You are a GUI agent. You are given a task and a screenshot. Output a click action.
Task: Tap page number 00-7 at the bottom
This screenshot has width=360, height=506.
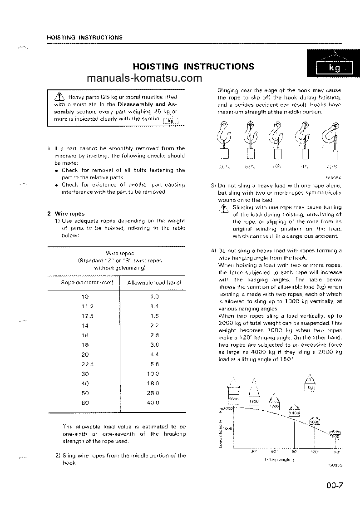(x=334, y=486)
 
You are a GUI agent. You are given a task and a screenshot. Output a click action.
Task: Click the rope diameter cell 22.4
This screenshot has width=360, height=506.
(x=84, y=364)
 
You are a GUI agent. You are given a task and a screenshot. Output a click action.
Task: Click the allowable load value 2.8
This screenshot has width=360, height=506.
(x=154, y=335)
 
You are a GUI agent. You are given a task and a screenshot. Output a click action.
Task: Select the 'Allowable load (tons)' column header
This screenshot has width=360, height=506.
(x=154, y=282)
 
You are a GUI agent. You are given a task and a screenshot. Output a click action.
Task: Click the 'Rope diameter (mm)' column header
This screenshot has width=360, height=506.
(x=84, y=282)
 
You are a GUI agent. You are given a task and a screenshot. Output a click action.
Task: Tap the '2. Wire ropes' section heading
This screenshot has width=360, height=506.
(x=66, y=213)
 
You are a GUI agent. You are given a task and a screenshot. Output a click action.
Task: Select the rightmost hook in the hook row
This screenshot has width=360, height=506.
(x=333, y=138)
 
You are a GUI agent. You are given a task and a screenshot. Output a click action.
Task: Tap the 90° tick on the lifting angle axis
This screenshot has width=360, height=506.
(x=294, y=452)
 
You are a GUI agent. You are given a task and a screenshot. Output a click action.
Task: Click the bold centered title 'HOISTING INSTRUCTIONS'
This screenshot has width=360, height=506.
(x=193, y=67)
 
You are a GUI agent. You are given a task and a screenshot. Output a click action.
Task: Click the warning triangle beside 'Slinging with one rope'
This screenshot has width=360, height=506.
(x=223, y=208)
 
